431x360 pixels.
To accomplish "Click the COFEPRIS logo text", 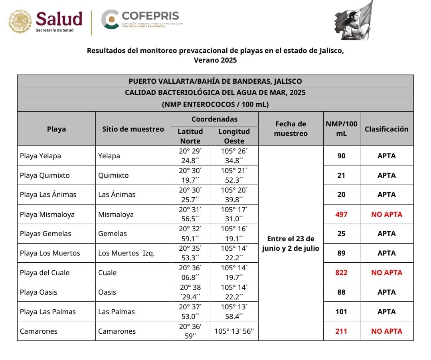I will click(x=150, y=16).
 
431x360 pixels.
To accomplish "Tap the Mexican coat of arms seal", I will click(x=20, y=21).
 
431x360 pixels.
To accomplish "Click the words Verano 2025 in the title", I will click(x=215, y=61).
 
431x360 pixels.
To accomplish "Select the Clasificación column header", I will click(x=386, y=129).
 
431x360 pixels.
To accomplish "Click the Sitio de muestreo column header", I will click(x=133, y=129).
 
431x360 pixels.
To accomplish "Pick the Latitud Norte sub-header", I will click(x=190, y=136).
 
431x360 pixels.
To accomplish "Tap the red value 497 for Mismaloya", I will click(x=341, y=214).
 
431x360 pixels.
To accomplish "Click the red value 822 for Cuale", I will click(x=341, y=273).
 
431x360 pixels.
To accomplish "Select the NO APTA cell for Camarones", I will click(x=386, y=331).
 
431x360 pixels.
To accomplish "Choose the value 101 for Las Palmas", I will click(x=341, y=312).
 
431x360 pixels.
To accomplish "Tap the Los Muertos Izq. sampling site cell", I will click(x=127, y=253).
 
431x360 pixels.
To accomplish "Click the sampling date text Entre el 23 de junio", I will click(x=291, y=239).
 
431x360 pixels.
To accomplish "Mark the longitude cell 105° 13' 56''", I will click(x=234, y=331).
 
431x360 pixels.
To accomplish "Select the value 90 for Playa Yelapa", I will click(x=341, y=156).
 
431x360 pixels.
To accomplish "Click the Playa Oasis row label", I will click(x=38, y=292).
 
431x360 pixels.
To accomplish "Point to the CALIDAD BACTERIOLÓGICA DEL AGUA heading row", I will click(x=215, y=92).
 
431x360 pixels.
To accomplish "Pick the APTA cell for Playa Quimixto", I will click(x=386, y=175).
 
